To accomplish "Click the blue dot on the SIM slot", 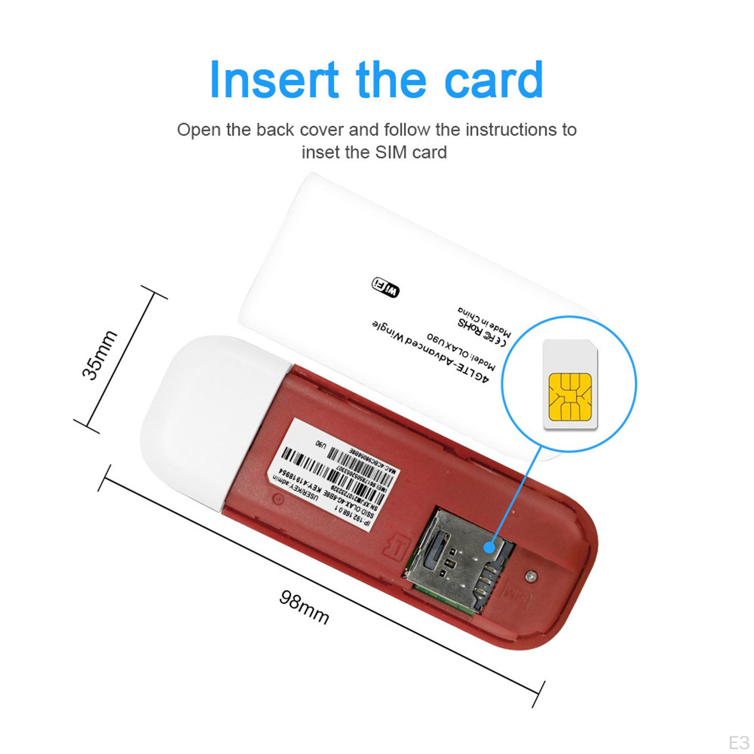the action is pyautogui.click(x=489, y=548).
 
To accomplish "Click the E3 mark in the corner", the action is pyautogui.click(x=738, y=743).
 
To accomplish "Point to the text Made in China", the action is pyautogui.click(x=484, y=323).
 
